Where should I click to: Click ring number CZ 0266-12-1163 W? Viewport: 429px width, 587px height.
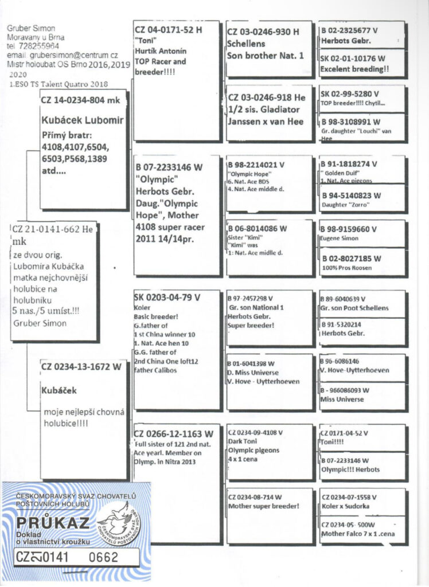point(173,433)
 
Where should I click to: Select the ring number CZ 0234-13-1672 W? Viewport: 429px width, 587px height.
point(81,367)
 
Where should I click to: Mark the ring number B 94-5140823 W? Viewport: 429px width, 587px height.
point(351,195)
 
